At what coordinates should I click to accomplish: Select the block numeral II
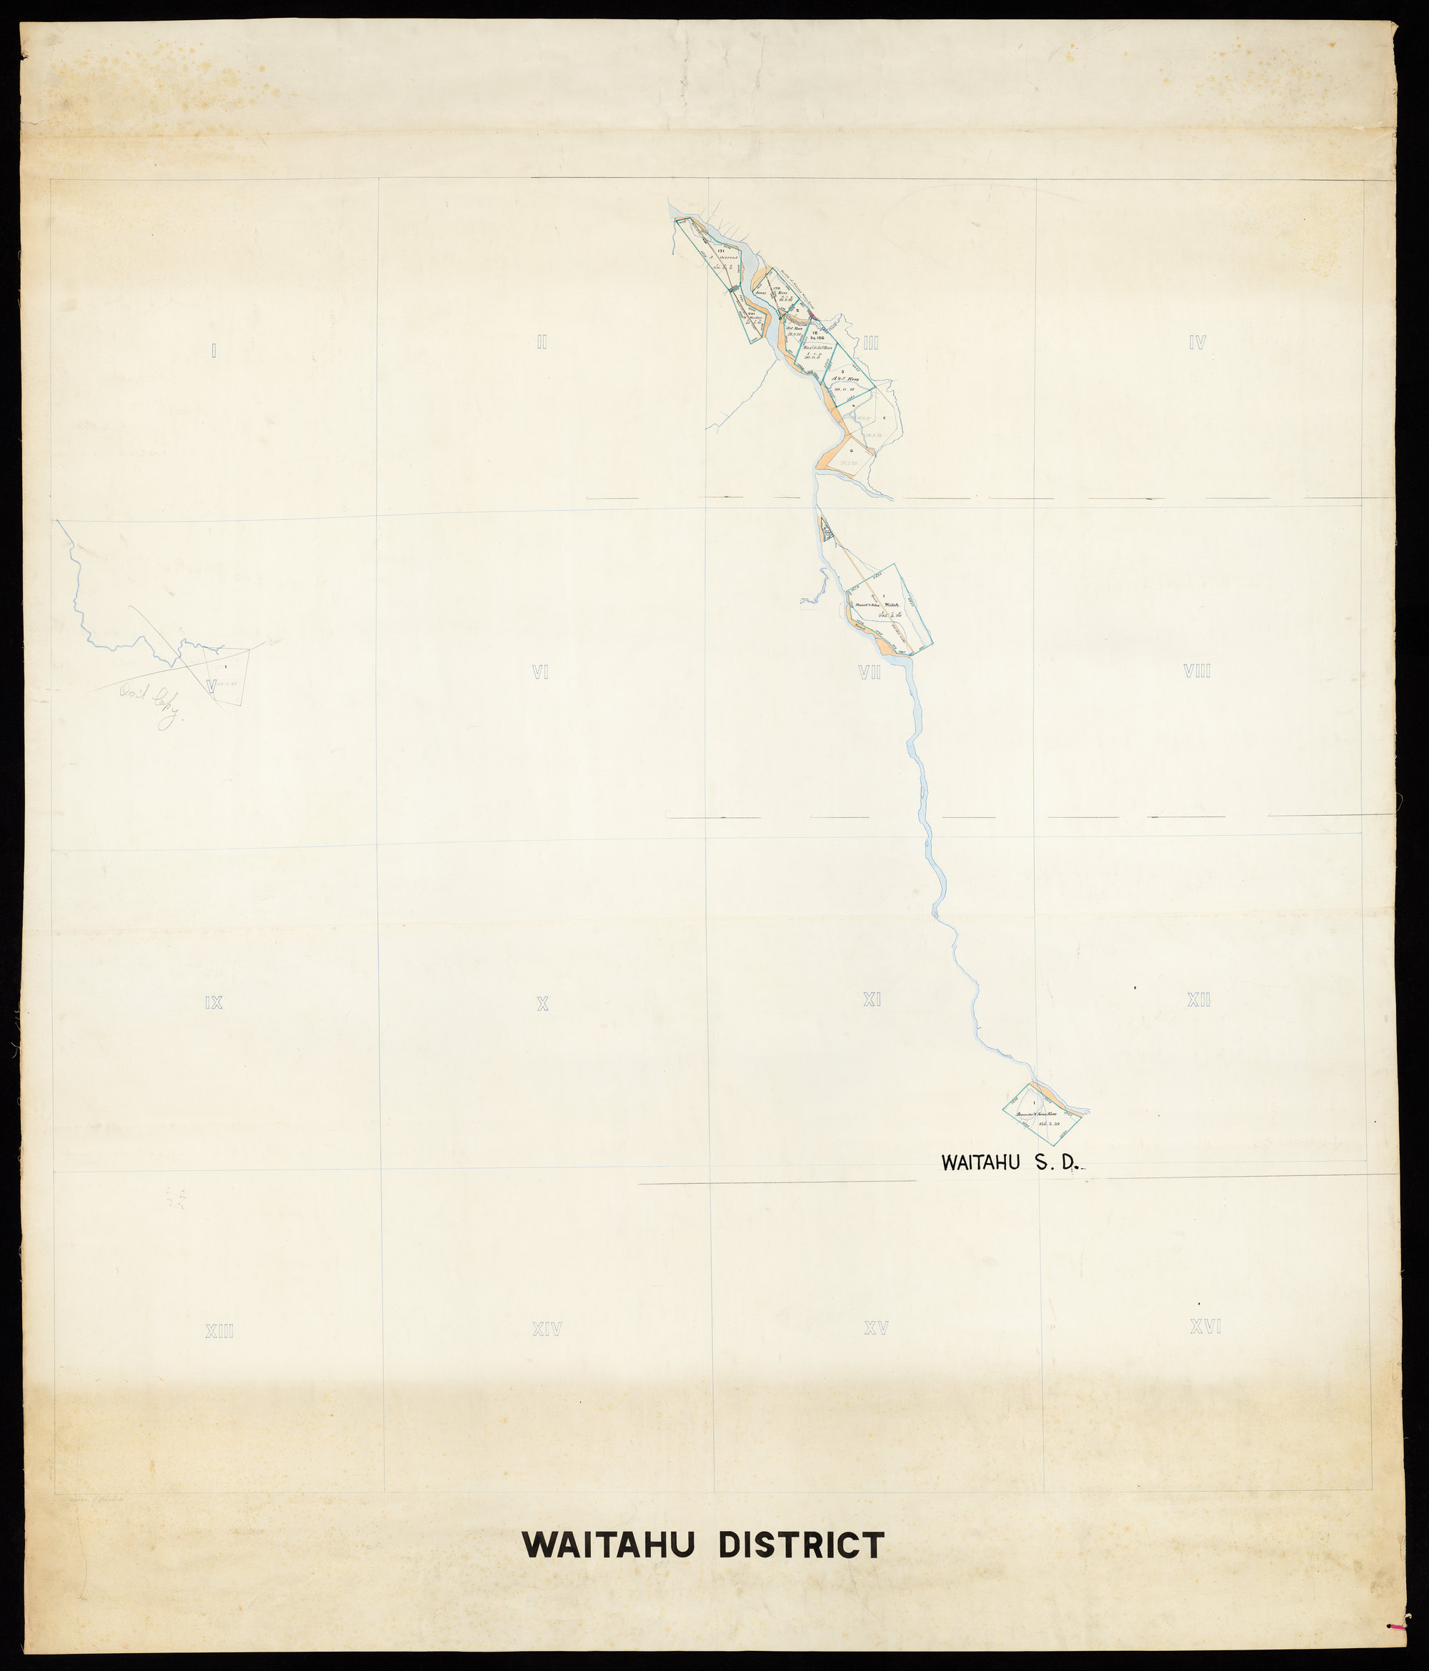[x=542, y=342]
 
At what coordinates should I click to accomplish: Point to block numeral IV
[x=1197, y=343]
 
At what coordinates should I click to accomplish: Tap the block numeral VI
[x=540, y=671]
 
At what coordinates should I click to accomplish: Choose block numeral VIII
[x=1197, y=670]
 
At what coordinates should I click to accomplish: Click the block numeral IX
[x=213, y=1003]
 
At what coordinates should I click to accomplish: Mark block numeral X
[x=543, y=1004]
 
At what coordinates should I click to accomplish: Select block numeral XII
[x=1198, y=1000]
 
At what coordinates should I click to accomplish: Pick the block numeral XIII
[x=219, y=1332]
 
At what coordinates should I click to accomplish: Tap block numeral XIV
[x=547, y=1329]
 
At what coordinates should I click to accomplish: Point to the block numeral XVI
[x=1205, y=1326]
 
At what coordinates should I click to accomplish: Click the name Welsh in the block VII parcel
[x=891, y=605]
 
